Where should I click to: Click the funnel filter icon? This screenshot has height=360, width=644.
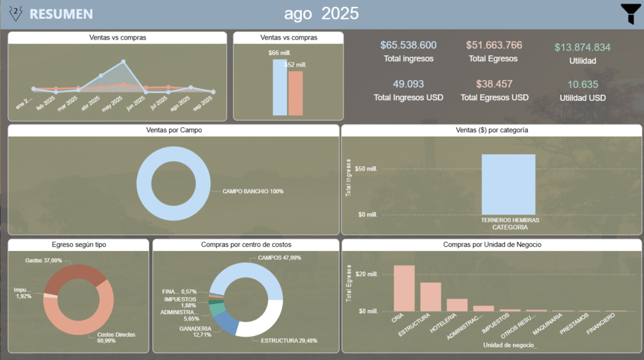tap(631, 13)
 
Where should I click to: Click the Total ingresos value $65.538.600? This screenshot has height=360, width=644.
tap(408, 45)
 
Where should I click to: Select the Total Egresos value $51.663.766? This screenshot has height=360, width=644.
tap(494, 45)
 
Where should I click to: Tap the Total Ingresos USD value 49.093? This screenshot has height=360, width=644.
tap(408, 84)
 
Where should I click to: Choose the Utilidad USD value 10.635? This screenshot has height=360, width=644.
tap(582, 84)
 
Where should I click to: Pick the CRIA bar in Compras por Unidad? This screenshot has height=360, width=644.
tap(404, 288)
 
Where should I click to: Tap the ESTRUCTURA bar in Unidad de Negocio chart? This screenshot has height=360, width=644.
tap(431, 296)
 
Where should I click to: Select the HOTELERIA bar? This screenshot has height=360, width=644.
tap(457, 305)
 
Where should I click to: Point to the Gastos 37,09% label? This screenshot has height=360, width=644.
tap(43, 260)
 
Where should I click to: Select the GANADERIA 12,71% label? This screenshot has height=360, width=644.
tap(195, 332)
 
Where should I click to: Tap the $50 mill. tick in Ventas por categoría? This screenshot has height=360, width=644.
tap(367, 169)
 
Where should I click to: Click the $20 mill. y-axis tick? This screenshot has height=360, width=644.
tap(365, 274)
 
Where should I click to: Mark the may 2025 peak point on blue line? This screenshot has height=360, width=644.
tap(124, 62)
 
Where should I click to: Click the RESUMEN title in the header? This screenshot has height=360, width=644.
tap(61, 14)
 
